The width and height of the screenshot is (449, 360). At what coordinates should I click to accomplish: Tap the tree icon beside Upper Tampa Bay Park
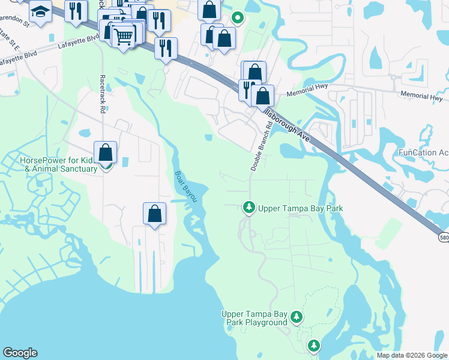point(249,208)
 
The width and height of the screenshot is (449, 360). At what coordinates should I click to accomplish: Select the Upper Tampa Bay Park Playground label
point(255,318)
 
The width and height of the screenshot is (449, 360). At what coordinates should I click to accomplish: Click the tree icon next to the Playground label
point(296,316)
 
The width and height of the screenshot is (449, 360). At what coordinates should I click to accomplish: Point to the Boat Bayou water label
point(185,185)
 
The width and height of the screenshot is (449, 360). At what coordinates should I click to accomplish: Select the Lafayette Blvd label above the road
point(78,41)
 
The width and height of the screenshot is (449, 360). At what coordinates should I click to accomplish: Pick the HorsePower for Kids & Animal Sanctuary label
point(58,164)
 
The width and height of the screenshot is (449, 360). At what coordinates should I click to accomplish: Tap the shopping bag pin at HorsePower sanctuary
point(106,154)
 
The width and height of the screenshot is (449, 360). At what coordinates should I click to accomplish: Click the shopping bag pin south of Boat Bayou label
point(154,214)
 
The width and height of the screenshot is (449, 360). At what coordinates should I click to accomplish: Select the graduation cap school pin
point(40,12)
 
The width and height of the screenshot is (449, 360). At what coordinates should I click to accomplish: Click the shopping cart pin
point(124,37)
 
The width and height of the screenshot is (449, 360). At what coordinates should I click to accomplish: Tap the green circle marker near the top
point(238,17)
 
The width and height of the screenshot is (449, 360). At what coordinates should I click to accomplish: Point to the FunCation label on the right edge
point(423,152)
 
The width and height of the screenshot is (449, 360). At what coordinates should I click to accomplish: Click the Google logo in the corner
point(20,353)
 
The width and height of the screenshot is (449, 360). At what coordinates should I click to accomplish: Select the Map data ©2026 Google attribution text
point(412,355)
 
